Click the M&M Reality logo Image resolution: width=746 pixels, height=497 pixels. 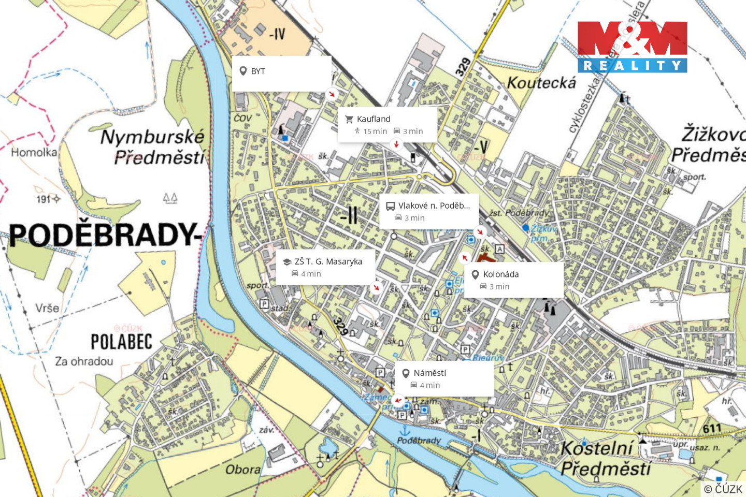pos(632,47)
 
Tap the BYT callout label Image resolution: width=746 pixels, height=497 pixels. pos(258,71)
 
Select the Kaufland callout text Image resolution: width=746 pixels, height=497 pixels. pos(374,119)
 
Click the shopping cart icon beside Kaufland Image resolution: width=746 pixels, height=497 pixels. pos(349,119)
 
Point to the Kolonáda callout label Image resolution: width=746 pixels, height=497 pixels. pos(500,274)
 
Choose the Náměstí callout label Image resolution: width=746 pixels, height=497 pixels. pos(429,373)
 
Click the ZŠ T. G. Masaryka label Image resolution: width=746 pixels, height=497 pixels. pos(328,261)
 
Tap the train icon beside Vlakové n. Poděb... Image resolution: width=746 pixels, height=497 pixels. pos(391,206)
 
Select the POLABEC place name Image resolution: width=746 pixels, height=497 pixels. pos(122,342)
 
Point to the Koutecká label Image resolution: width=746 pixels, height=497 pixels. pos(541,83)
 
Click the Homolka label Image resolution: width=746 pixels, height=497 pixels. pos(34,152)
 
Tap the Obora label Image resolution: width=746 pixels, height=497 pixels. pos(242,470)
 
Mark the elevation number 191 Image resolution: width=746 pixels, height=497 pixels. pos(44,199)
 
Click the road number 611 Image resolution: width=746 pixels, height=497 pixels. pos(712,428)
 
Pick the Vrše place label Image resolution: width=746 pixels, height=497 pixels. pos(47,308)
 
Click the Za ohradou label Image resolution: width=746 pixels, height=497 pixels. pos(84,361)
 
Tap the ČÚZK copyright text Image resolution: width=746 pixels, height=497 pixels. pos(723,489)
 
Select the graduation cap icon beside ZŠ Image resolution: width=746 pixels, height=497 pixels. pos(287,262)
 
